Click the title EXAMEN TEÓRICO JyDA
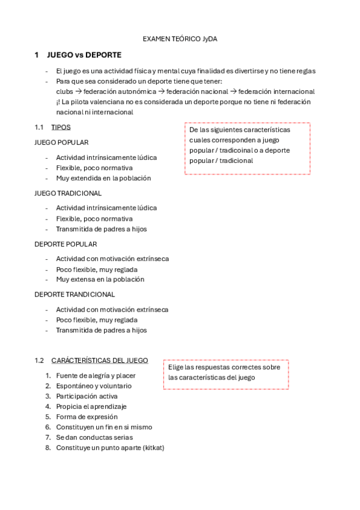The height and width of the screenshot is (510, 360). click(x=180, y=39)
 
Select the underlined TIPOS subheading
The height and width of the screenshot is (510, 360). click(x=61, y=127)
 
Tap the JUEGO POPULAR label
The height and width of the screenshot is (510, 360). click(x=62, y=143)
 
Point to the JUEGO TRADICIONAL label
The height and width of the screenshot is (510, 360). click(x=68, y=193)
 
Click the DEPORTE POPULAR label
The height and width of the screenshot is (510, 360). click(x=66, y=244)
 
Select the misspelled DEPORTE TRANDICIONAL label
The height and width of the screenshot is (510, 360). click(x=75, y=295)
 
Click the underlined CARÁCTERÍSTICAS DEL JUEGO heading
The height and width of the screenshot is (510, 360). click(x=100, y=360)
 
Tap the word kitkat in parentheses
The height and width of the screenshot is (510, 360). click(x=151, y=447)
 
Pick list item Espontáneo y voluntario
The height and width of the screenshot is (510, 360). click(x=94, y=386)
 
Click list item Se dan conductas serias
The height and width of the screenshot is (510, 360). click(x=94, y=437)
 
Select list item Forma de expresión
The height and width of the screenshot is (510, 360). click(x=87, y=417)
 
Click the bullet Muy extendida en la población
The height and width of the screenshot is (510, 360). click(x=103, y=178)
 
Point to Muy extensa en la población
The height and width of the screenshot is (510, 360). click(x=100, y=279)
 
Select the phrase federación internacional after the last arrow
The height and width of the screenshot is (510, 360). click(x=276, y=91)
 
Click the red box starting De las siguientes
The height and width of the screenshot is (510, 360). click(x=247, y=148)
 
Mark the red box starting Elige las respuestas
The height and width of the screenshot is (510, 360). click(x=226, y=374)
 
